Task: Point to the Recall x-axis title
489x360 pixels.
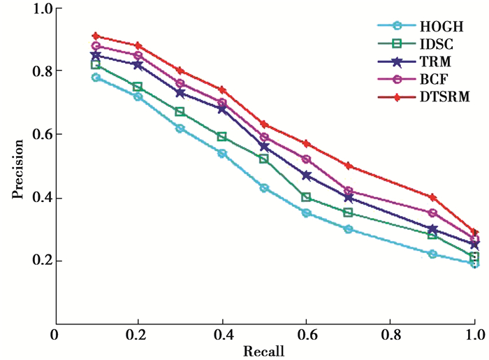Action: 263,350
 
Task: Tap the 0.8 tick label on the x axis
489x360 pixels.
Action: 391,335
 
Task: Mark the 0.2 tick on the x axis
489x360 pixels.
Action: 138,335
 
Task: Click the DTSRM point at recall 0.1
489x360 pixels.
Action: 96,36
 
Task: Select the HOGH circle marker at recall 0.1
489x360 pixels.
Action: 96,78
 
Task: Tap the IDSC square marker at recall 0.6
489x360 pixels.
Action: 306,197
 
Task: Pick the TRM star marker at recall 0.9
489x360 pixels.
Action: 432,229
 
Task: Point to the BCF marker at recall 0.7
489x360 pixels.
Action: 349,191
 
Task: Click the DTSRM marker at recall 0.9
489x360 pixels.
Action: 432,197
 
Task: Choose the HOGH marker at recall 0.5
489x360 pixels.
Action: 264,188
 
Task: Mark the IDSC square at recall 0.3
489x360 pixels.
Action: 180,112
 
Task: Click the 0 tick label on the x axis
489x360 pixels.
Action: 54,335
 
